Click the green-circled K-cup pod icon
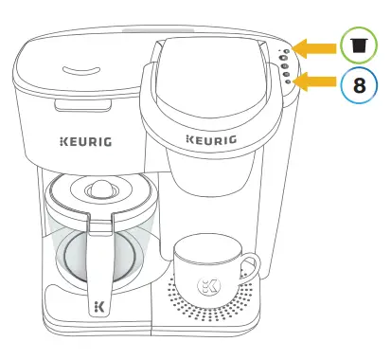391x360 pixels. click(x=359, y=45)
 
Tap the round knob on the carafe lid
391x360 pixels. click(x=97, y=190)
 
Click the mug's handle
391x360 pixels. click(x=248, y=268)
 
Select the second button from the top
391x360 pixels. click(x=284, y=58)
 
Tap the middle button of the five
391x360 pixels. click(x=285, y=66)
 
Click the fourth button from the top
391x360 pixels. click(x=286, y=74)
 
